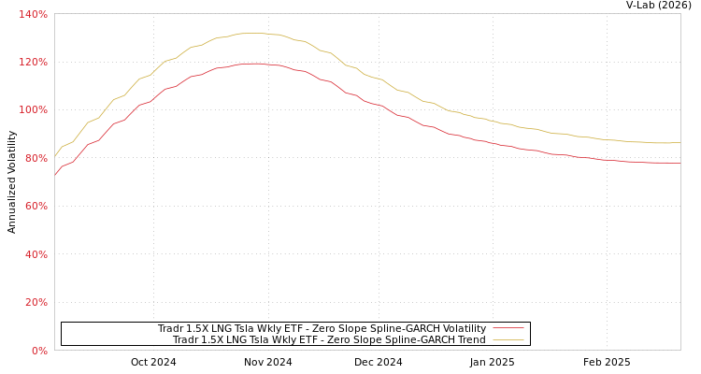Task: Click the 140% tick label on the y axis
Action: point(33,14)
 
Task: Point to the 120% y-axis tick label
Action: point(33,62)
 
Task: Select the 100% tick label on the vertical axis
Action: point(33,109)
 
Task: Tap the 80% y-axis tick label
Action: point(36,158)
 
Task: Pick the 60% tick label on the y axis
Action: point(36,206)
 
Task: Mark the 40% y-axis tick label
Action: point(36,254)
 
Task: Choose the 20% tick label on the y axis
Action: point(36,302)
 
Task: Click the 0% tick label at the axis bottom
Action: point(38,351)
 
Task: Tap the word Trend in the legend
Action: point(470,339)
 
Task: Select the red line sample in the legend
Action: point(508,328)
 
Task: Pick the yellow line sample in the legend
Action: point(508,339)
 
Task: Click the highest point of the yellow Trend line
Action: point(252,33)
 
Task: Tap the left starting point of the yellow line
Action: point(55,155)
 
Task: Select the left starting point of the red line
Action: point(55,174)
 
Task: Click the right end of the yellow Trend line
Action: point(680,143)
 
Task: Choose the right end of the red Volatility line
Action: point(680,163)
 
